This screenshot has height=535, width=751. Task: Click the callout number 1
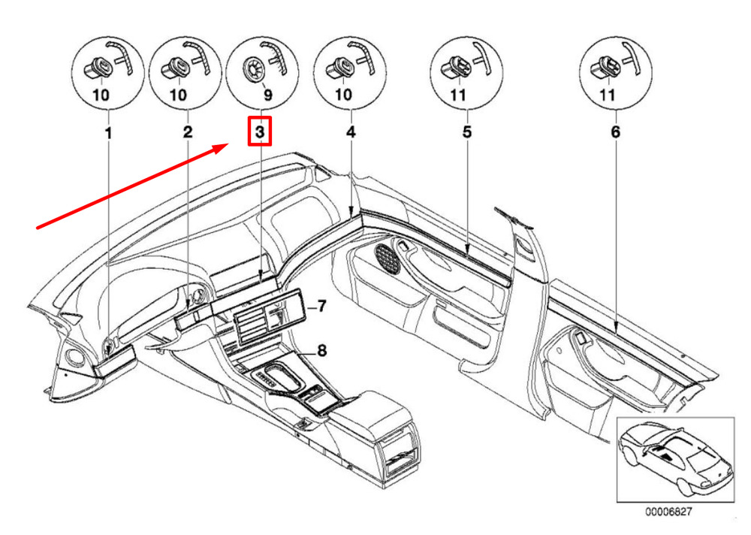pyautogui.click(x=109, y=133)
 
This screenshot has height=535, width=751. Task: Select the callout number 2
pyautogui.click(x=187, y=131)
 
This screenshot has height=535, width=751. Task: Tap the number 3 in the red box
pyautogui.click(x=260, y=131)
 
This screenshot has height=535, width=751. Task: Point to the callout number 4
pyautogui.click(x=351, y=131)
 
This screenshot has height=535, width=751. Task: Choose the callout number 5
pyautogui.click(x=467, y=131)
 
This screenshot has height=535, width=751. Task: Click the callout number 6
pyautogui.click(x=616, y=131)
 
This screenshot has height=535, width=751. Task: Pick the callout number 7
pyautogui.click(x=321, y=305)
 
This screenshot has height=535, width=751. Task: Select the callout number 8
pyautogui.click(x=322, y=350)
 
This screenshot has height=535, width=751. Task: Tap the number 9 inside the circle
pyautogui.click(x=268, y=95)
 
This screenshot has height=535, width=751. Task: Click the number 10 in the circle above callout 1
pyautogui.click(x=101, y=95)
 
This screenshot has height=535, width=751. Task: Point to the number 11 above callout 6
pyautogui.click(x=608, y=95)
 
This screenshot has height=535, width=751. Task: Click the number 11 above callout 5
pyautogui.click(x=458, y=95)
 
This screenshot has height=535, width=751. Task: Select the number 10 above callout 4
pyautogui.click(x=343, y=95)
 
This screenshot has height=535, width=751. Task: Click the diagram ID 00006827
pyautogui.click(x=668, y=512)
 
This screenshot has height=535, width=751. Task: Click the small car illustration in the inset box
pyautogui.click(x=675, y=459)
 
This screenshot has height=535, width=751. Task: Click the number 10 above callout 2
pyautogui.click(x=178, y=95)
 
